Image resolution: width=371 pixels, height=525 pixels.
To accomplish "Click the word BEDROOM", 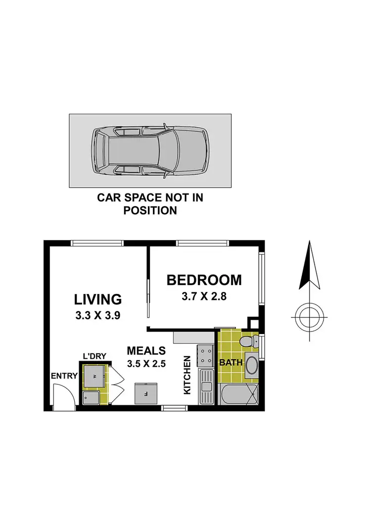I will click(x=204, y=280).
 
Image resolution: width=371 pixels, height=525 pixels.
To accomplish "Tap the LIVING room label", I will click(x=98, y=299).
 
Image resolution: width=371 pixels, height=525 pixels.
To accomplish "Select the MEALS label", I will click(x=146, y=351).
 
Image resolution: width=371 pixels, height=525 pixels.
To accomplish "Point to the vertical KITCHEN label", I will click(x=187, y=375).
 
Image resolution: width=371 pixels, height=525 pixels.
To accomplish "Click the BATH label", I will click(x=231, y=363).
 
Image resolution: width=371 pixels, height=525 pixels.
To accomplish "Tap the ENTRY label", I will click(x=64, y=376).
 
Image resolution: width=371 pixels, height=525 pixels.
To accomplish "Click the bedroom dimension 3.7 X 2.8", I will click(x=204, y=297).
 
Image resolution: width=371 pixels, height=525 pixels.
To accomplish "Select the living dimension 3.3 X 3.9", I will click(x=98, y=316).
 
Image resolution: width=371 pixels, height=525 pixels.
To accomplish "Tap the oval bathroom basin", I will click(x=251, y=366).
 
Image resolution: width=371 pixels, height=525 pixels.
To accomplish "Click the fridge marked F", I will click(x=147, y=394).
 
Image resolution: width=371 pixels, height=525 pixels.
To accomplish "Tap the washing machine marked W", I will click(x=93, y=377).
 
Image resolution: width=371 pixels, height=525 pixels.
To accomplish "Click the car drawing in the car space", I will click(x=149, y=150).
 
